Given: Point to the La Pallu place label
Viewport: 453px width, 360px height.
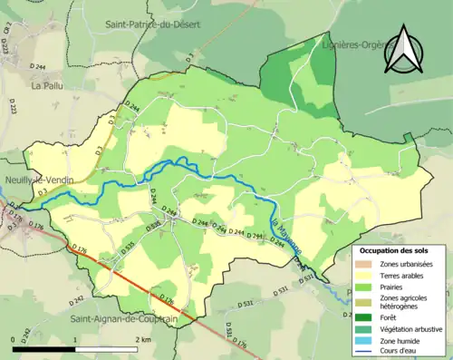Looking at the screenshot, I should (x=44, y=87).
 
